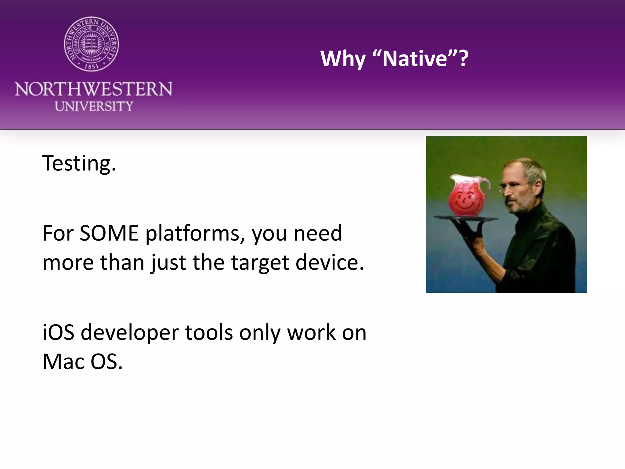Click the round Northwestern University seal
click(91, 44)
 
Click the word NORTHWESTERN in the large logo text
click(93, 89)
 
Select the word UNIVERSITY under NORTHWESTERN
click(94, 106)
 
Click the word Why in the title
click(342, 59)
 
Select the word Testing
click(79, 163)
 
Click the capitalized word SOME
click(109, 233)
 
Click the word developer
click(129, 333)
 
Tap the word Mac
click(63, 362)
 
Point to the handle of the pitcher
click(485, 189)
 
